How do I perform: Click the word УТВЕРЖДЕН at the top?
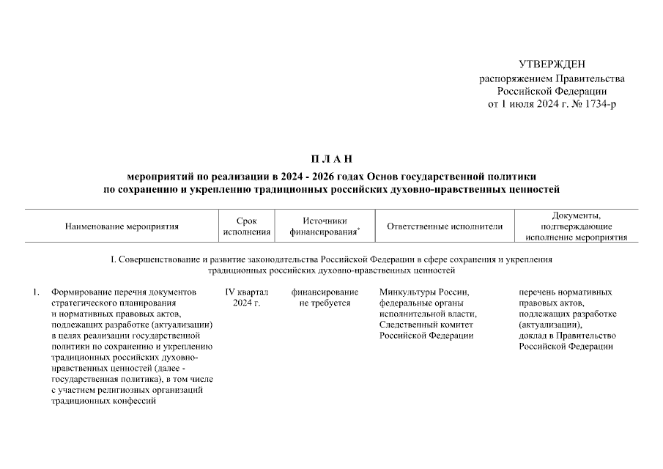coord(552,65)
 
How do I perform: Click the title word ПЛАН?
coord(331,159)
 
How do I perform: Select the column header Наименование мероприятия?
coord(122,226)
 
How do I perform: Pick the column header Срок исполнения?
coord(246,226)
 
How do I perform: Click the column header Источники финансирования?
coord(324,226)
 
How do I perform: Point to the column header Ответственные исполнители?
coord(445,226)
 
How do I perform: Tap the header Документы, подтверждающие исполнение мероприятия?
coord(576,226)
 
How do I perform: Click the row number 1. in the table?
coord(37,292)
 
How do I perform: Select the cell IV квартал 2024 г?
coord(246,298)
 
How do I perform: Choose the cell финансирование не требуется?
coord(325,298)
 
